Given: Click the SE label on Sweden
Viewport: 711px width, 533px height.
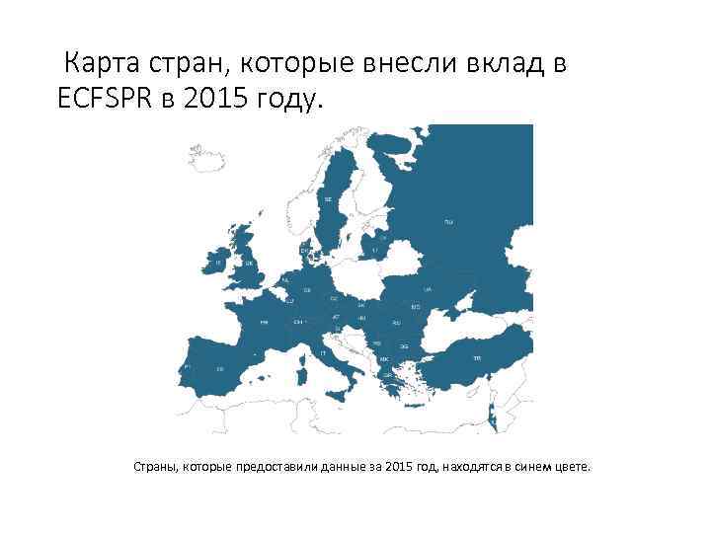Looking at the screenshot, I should [x=328, y=199].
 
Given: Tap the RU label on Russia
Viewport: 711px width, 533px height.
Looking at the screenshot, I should [x=448, y=222].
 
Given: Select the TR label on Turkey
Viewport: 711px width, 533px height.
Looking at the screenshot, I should [x=476, y=357].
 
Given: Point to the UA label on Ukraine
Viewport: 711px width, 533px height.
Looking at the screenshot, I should [x=428, y=290].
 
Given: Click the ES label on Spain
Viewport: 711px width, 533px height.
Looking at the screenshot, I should [x=220, y=369].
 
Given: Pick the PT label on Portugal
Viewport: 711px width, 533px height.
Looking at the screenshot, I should [x=187, y=366].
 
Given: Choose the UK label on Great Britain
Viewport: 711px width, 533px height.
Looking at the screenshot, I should [x=250, y=265].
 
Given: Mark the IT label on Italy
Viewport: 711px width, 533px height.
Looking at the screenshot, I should [x=323, y=352].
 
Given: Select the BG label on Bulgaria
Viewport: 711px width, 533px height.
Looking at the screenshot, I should [x=403, y=346].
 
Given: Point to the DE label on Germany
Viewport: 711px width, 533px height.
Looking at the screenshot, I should [x=307, y=290].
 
